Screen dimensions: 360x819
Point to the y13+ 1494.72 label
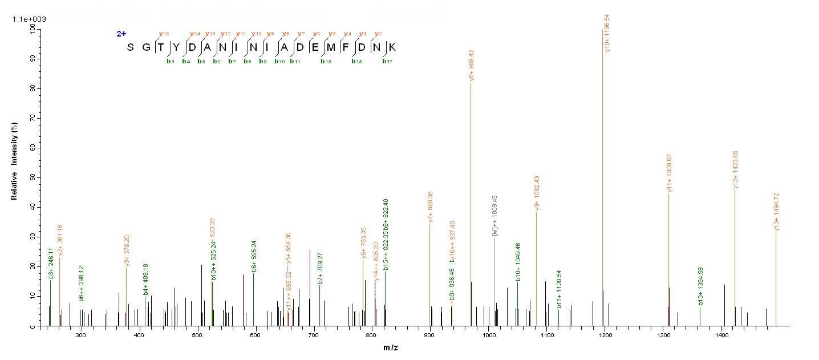[777, 212]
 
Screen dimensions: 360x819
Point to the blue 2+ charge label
[121, 34]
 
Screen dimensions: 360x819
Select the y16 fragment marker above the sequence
[161, 34]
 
